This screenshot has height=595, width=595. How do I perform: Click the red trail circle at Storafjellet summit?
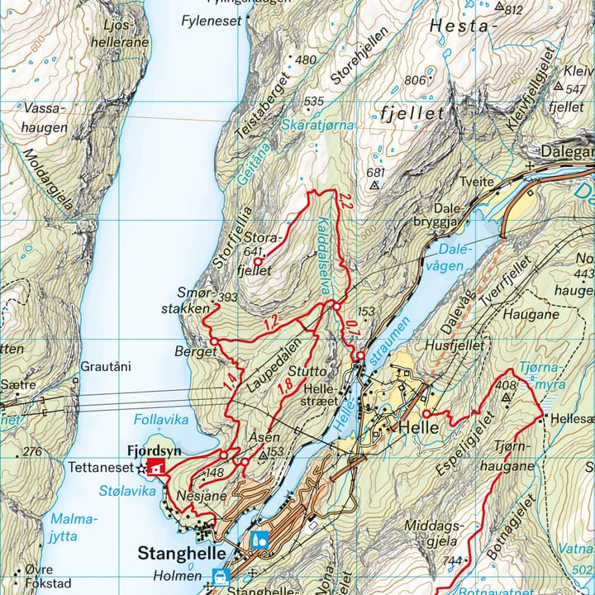click(x=257, y=262)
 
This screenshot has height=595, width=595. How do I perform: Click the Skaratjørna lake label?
click(x=317, y=124)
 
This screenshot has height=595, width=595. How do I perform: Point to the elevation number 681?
click(x=375, y=173)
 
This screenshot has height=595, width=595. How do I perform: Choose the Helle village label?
click(x=414, y=427)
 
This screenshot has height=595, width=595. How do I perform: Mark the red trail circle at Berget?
click(x=213, y=341)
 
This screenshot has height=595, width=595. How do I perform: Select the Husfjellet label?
click(x=451, y=345)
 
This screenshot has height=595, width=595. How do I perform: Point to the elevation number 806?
click(x=415, y=80)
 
